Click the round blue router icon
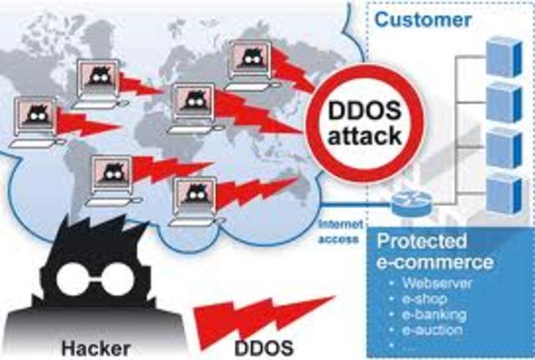(403, 201)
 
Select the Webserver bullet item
(435, 283)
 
